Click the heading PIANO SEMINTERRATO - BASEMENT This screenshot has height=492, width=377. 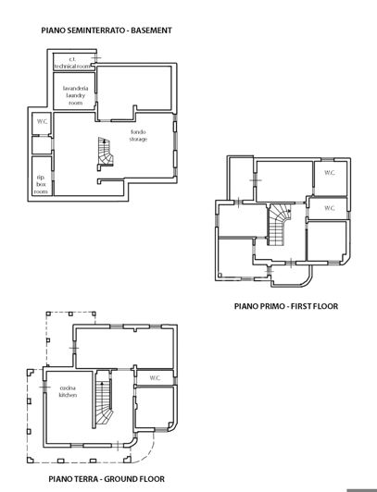(107, 31)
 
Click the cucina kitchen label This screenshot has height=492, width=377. (68, 391)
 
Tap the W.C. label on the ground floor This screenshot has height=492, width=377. (155, 376)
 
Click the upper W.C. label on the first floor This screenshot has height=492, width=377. (330, 173)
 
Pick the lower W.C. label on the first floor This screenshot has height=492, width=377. (330, 208)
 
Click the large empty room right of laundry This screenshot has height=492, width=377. (136, 90)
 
